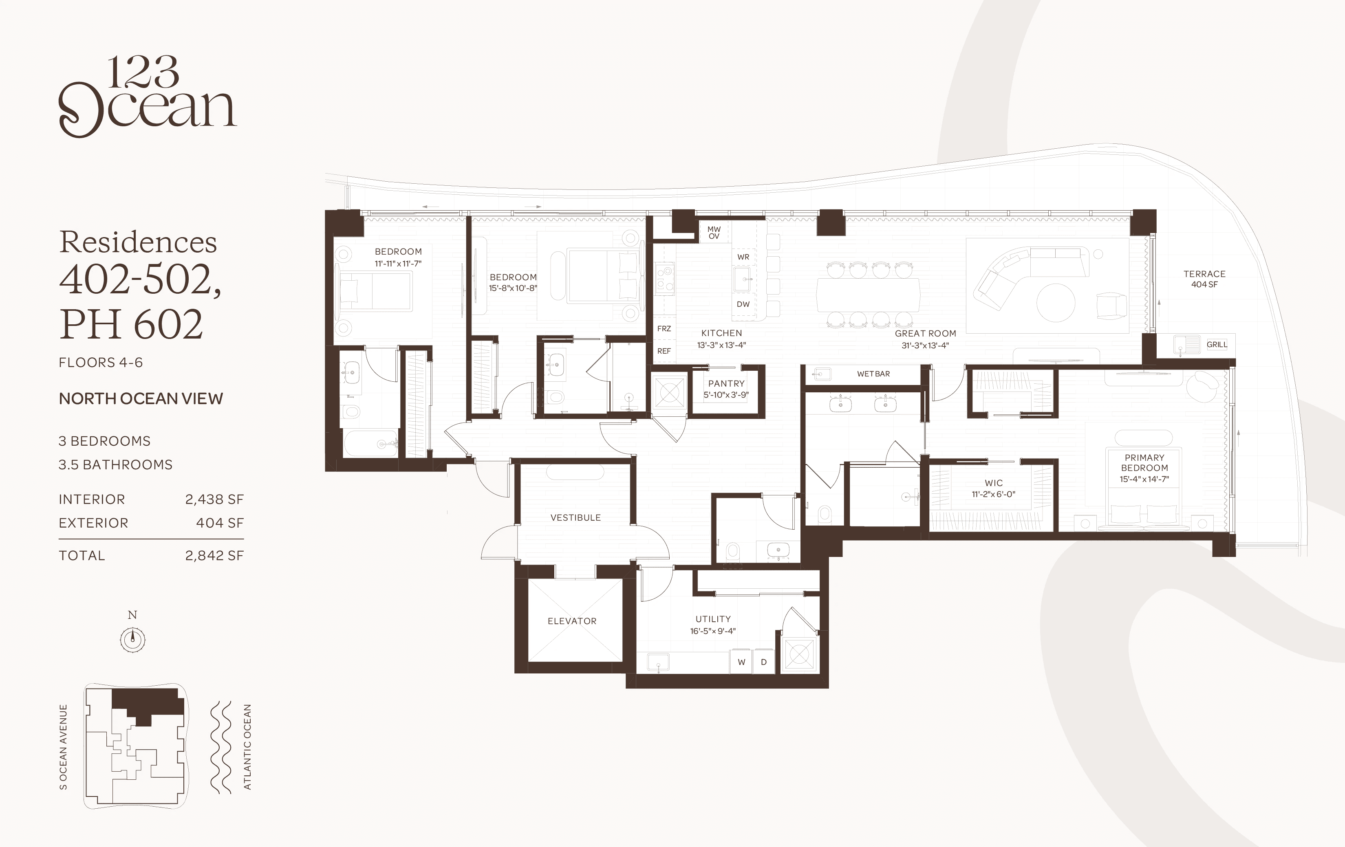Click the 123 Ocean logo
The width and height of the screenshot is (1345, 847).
click(148, 96)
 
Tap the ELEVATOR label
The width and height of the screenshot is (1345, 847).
click(572, 621)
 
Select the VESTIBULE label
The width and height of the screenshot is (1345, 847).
click(575, 517)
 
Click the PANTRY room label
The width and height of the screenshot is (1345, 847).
click(726, 384)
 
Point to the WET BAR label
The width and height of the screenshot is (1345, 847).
click(873, 374)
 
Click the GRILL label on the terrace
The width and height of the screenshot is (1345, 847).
click(1217, 345)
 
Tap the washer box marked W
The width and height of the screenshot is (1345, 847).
click(741, 662)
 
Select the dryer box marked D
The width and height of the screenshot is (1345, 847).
click(763, 662)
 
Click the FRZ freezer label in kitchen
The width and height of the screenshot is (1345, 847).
click(664, 329)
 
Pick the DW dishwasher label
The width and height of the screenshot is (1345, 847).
click(743, 304)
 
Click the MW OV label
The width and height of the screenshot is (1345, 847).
click(714, 233)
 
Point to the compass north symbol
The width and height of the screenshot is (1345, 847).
click(132, 639)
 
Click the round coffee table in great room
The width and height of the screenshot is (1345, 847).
click(1055, 303)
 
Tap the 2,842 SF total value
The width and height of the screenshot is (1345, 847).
click(214, 556)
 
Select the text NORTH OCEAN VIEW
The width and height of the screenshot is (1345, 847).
click(141, 399)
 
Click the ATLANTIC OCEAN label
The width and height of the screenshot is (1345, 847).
click(247, 747)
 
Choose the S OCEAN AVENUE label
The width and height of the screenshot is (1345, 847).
click(63, 747)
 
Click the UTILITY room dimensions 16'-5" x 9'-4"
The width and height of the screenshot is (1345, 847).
click(713, 631)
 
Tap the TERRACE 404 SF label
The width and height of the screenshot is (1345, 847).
click(1204, 279)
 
